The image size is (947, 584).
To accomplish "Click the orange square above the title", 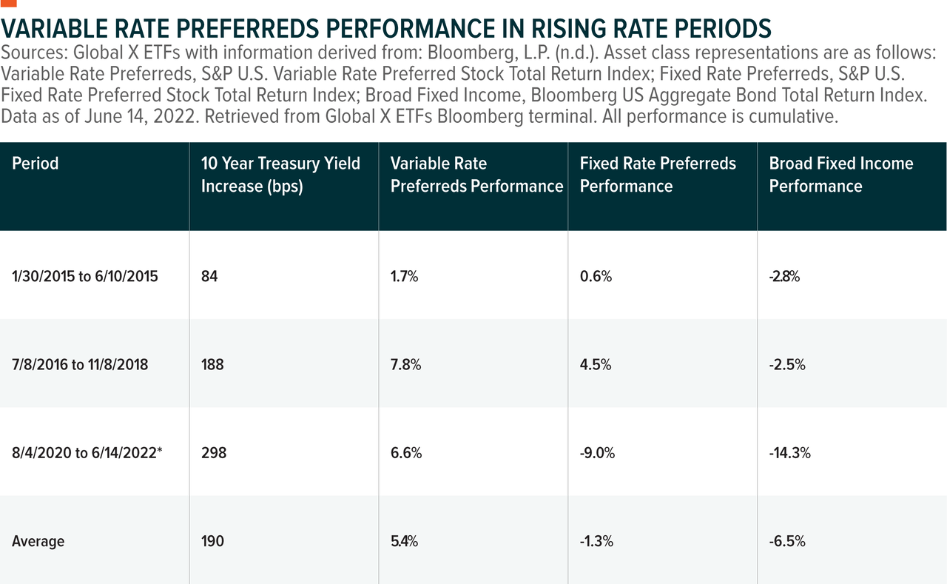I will point(8,2).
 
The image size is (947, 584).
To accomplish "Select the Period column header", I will point(35,164).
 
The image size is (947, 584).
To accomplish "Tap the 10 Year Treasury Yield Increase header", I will point(280,175).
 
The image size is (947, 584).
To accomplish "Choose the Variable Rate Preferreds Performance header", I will point(476,175).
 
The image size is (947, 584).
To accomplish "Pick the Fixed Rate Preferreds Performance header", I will point(658,175).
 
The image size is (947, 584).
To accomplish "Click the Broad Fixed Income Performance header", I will point(841,175).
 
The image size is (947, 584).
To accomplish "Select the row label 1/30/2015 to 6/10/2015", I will point(85,277).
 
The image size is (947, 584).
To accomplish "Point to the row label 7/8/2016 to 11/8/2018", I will point(80,365).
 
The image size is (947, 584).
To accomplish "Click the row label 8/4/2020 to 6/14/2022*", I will point(87,453).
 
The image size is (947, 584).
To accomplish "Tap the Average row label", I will point(38,541).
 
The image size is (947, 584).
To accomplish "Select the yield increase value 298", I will point(213,453).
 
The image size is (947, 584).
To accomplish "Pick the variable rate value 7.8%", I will point(405,365).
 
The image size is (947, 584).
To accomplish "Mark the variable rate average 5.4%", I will point(404,541).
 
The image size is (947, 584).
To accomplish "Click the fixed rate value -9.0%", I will point(597,453).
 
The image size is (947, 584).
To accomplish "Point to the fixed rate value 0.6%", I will point(596,277).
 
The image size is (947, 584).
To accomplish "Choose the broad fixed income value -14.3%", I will point(789,453).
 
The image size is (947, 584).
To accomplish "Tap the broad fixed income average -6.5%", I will point(787,541).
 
